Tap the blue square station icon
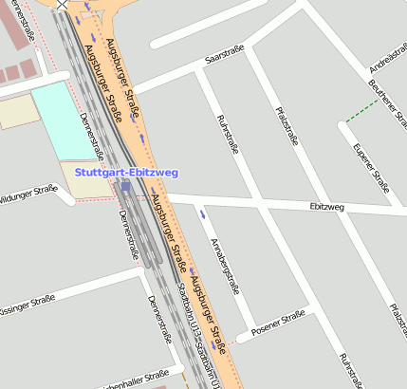click(x=126, y=187)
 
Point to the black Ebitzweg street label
click(x=326, y=206)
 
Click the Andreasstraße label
click(x=388, y=53)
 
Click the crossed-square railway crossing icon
click(x=63, y=4)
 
